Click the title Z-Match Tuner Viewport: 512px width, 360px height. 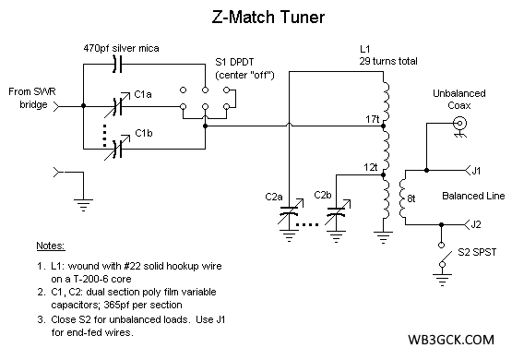point(256,17)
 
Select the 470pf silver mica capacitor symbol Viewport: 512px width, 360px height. point(115,64)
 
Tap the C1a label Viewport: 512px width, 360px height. point(143,94)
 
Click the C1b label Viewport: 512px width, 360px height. point(143,134)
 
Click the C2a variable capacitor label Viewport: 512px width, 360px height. point(273,196)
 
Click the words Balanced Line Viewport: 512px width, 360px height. point(471,196)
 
